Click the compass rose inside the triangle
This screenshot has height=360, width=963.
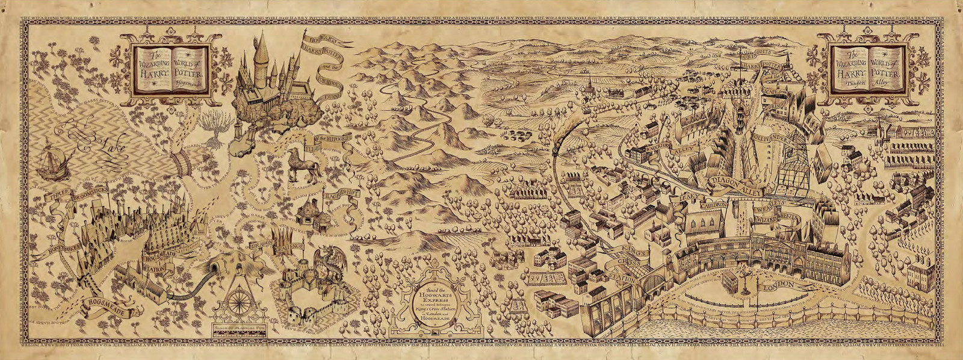click(x=244, y=301)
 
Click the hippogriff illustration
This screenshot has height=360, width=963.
click(x=299, y=164)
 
